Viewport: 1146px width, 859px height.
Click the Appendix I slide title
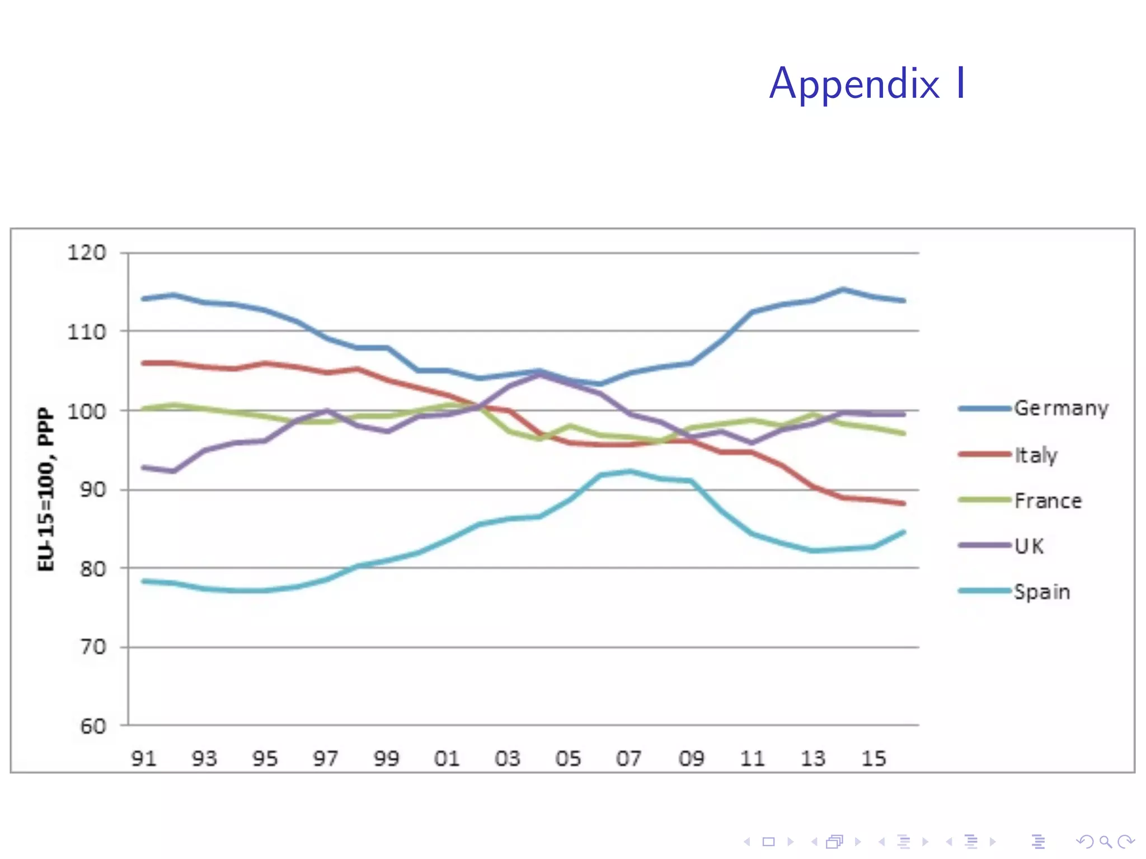pos(867,84)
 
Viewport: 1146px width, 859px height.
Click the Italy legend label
pos(1036,455)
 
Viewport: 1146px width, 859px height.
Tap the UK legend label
pos(1029,546)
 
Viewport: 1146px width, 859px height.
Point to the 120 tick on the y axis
pos(87,253)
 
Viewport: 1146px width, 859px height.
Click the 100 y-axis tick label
pos(87,411)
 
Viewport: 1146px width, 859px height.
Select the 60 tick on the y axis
pos(93,726)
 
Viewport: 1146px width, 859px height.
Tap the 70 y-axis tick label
pos(93,647)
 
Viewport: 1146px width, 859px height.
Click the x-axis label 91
pos(143,758)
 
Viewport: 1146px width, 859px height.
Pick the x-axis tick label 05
pos(568,758)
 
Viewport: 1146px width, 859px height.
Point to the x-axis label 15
pos(873,758)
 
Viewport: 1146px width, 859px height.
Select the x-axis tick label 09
pos(691,758)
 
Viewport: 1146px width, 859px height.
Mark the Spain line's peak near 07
pos(631,471)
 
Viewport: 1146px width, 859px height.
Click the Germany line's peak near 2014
pos(843,290)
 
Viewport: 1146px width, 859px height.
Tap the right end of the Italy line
pos(904,503)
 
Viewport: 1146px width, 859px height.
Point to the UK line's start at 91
pos(144,468)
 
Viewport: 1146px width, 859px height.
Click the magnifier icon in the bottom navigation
pos(1105,842)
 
